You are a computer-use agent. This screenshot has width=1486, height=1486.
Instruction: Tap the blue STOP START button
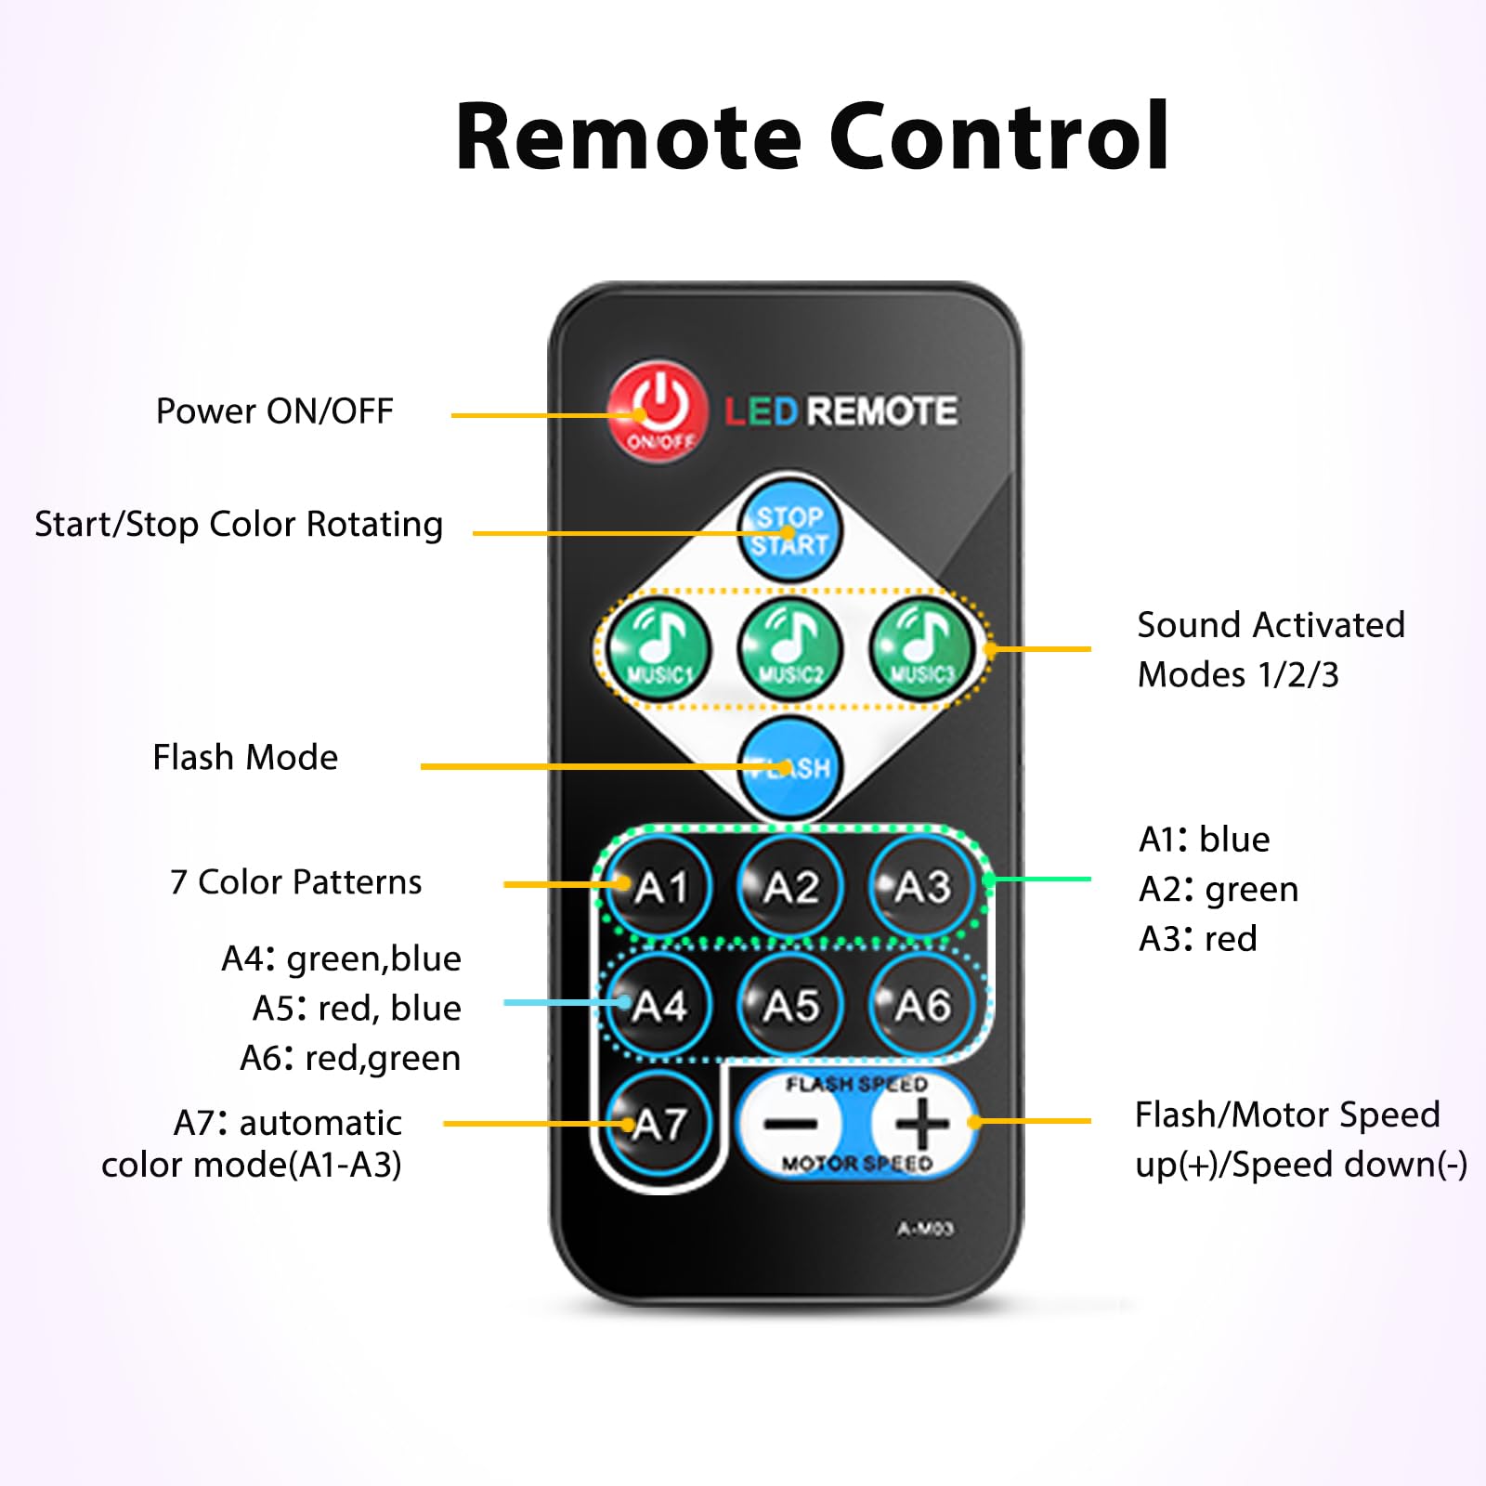coord(790,530)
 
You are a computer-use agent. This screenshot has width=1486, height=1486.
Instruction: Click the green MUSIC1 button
coord(659,647)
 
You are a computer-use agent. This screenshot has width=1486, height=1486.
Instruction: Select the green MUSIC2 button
coord(790,647)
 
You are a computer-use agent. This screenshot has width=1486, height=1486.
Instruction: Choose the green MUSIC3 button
coord(922,647)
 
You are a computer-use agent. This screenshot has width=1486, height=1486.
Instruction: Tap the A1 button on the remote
coord(659,887)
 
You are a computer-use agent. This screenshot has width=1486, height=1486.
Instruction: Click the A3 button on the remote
coord(922,887)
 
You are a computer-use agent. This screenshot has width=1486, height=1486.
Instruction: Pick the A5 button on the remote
coord(790,1005)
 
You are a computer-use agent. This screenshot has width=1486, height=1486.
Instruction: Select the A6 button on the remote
coord(922,1005)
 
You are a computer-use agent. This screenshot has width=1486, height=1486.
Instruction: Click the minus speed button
coord(790,1124)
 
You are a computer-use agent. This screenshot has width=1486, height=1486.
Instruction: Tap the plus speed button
coord(922,1124)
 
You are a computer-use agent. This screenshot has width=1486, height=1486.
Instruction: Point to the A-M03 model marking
coord(925,1229)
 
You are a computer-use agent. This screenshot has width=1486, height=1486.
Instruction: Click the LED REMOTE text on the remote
coord(841,411)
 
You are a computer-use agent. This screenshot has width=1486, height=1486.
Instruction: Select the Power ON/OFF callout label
coord(275,411)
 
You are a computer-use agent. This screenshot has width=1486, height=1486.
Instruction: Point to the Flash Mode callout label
coord(245,757)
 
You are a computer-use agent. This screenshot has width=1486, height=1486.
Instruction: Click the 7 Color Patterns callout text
coord(296,881)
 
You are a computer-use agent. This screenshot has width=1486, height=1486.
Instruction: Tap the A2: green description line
coord(1219,889)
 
